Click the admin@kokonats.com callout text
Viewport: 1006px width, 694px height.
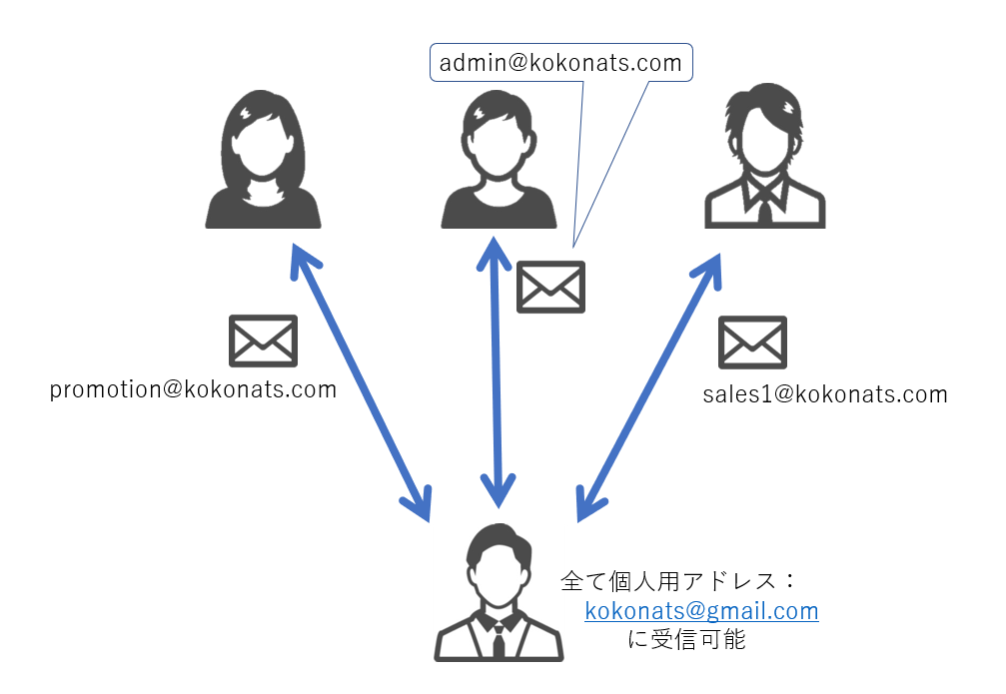click(x=560, y=65)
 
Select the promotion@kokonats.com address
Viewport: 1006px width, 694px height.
click(x=193, y=390)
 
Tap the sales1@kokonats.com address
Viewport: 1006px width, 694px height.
click(x=824, y=395)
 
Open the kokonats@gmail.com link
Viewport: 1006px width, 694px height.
click(x=701, y=611)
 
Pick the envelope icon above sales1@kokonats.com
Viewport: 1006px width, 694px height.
click(x=752, y=343)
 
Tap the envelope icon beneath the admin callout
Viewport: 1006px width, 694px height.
click(x=550, y=287)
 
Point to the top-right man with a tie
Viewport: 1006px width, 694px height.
click(x=765, y=160)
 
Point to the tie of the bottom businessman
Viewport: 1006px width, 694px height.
click(x=498, y=639)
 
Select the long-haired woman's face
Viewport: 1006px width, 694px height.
click(x=263, y=145)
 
